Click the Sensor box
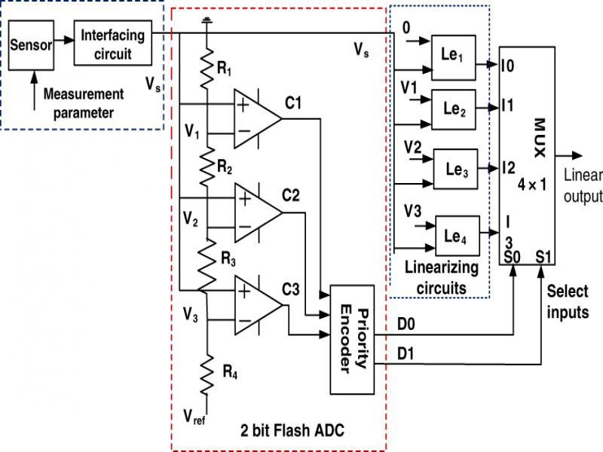click(x=32, y=44)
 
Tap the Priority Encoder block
click(x=352, y=340)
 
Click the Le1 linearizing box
click(x=454, y=58)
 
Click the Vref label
click(x=195, y=417)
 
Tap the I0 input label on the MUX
click(x=507, y=67)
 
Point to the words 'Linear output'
click(x=584, y=185)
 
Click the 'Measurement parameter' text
click(x=83, y=104)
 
